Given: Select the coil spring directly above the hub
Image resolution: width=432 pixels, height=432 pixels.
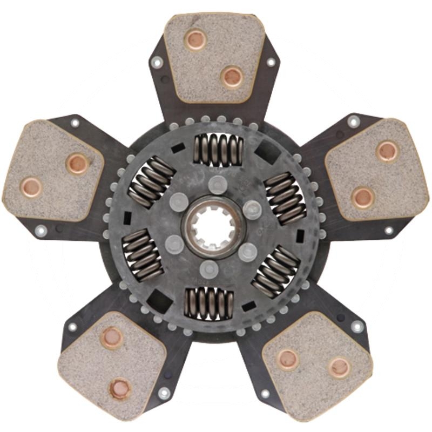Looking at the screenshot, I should click(x=218, y=149).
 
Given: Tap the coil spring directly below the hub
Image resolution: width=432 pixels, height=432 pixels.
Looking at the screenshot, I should click(x=209, y=302).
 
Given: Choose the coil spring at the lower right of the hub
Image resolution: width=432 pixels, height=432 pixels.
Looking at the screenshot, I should click(x=276, y=271).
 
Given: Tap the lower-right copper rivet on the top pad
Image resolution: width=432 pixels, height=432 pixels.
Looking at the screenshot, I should click(x=232, y=77).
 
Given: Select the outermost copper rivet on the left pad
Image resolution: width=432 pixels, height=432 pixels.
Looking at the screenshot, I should click(x=31, y=187).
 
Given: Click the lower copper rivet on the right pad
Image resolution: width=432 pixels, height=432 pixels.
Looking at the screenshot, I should click(x=363, y=197).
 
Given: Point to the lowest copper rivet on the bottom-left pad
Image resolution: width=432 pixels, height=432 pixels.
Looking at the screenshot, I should click(x=120, y=388).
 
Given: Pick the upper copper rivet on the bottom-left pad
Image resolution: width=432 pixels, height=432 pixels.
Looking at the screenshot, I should click(x=111, y=338).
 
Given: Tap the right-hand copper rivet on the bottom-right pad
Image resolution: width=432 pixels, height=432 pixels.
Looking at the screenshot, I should click(x=339, y=367).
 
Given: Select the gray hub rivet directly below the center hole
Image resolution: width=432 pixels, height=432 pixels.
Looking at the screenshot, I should click(x=209, y=267).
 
